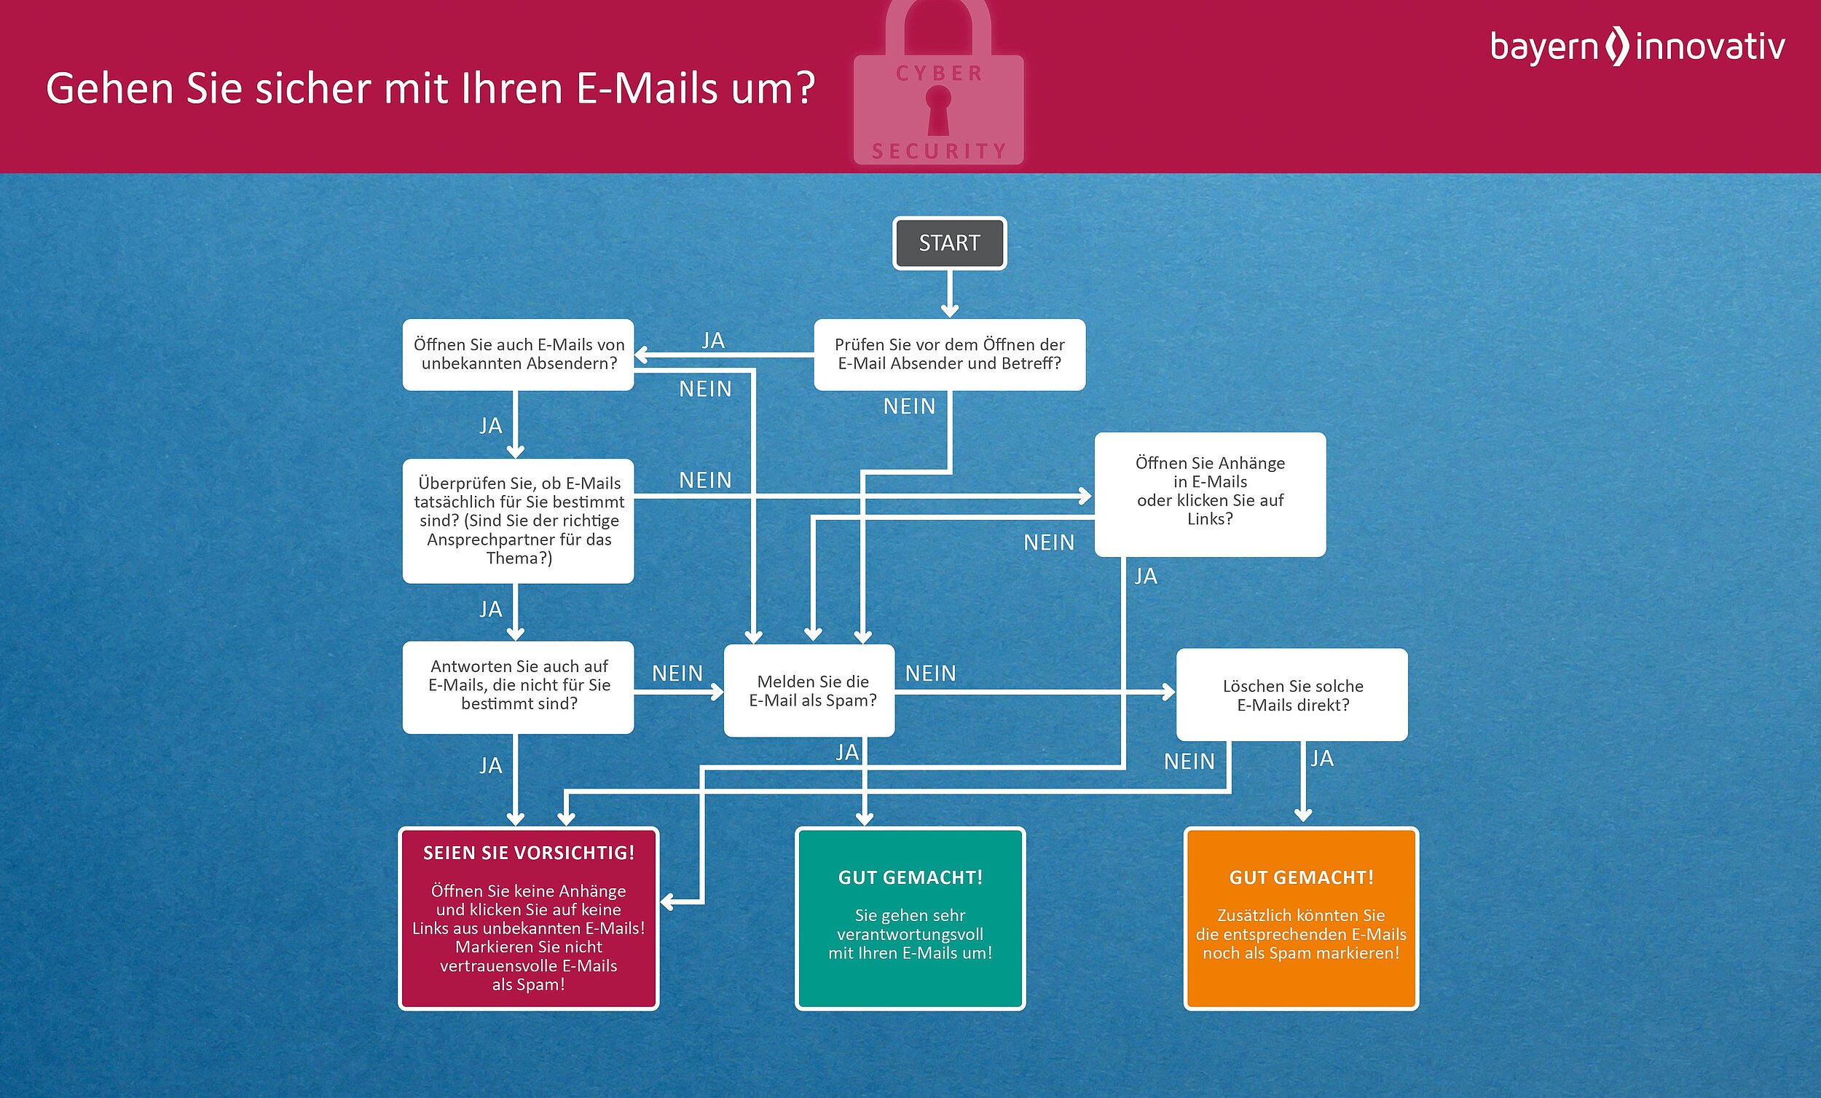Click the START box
click(949, 243)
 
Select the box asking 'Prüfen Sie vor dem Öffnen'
click(949, 355)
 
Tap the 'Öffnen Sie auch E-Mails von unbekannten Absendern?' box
click(518, 355)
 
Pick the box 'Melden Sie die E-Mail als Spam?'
click(809, 691)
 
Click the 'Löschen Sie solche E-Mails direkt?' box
click(1292, 695)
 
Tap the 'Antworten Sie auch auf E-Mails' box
click(518, 687)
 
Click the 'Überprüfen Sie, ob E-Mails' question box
click(518, 520)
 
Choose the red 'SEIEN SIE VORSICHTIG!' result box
click(528, 917)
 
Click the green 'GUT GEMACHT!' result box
click(910, 917)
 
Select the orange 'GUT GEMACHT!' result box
click(1301, 917)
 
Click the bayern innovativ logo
click(1637, 47)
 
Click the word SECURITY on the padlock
click(939, 151)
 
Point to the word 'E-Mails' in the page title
click(646, 89)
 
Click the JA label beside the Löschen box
click(1321, 758)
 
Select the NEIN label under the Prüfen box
click(909, 406)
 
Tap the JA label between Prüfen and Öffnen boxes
click(713, 341)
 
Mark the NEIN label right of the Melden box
click(930, 673)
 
